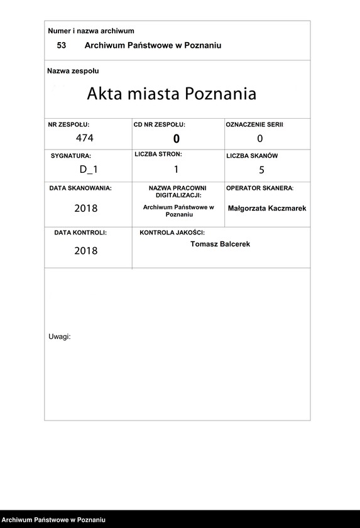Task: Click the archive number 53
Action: point(62,45)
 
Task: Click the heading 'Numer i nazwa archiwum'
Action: point(91,31)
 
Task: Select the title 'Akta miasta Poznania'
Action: point(172,94)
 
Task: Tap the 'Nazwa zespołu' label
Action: point(73,71)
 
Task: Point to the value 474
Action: point(84,138)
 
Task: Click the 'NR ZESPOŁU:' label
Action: point(69,125)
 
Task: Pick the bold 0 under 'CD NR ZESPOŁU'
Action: point(177,139)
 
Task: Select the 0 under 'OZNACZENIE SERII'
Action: point(260,138)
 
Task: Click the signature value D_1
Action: point(89,168)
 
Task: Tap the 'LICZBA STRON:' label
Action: point(158,154)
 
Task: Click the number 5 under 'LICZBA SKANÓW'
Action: point(261,169)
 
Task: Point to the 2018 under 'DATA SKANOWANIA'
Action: point(86,208)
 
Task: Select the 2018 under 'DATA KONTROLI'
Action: point(86,251)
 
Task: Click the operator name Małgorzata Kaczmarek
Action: point(267,208)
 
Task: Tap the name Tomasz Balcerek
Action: point(220,244)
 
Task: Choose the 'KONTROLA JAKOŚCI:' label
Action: point(172,233)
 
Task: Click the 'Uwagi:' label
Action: point(60,336)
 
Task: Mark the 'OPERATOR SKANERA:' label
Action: point(259,188)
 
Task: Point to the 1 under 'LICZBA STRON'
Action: point(177,168)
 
